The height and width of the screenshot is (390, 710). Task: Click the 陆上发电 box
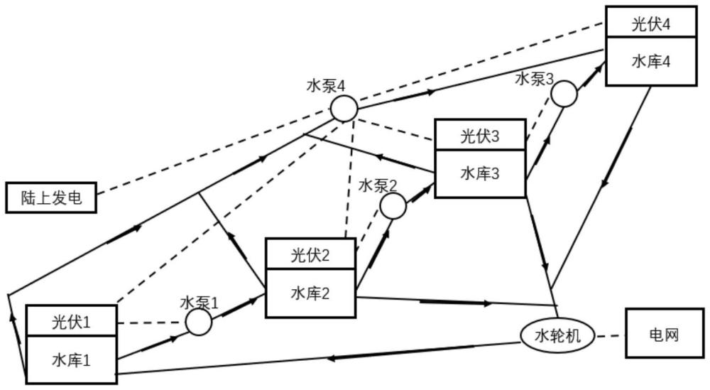coord(51,197)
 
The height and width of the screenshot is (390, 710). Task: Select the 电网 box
coord(665,333)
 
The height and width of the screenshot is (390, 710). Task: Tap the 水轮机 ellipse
coord(557,335)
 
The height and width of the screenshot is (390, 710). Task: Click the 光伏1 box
coord(72,321)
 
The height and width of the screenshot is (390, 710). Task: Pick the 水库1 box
coord(72,360)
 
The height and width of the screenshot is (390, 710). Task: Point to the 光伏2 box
coord(310,254)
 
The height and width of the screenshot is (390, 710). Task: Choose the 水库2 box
coord(310,293)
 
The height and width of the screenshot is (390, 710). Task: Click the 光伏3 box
coord(480,135)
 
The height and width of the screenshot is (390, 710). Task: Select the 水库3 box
coord(480,173)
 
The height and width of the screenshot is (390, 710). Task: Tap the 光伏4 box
coord(651,22)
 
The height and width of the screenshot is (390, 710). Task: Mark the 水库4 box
coord(651,61)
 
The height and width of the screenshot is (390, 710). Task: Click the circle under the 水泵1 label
coord(198,322)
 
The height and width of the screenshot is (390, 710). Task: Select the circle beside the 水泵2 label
coord(393,206)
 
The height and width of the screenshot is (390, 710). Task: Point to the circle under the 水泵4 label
coord(344,109)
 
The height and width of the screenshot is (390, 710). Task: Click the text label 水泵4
coord(326,86)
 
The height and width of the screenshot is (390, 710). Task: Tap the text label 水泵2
coord(378,185)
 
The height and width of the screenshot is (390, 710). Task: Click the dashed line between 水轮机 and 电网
coord(610,336)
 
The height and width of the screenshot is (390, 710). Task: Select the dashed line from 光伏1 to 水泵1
coord(151,323)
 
